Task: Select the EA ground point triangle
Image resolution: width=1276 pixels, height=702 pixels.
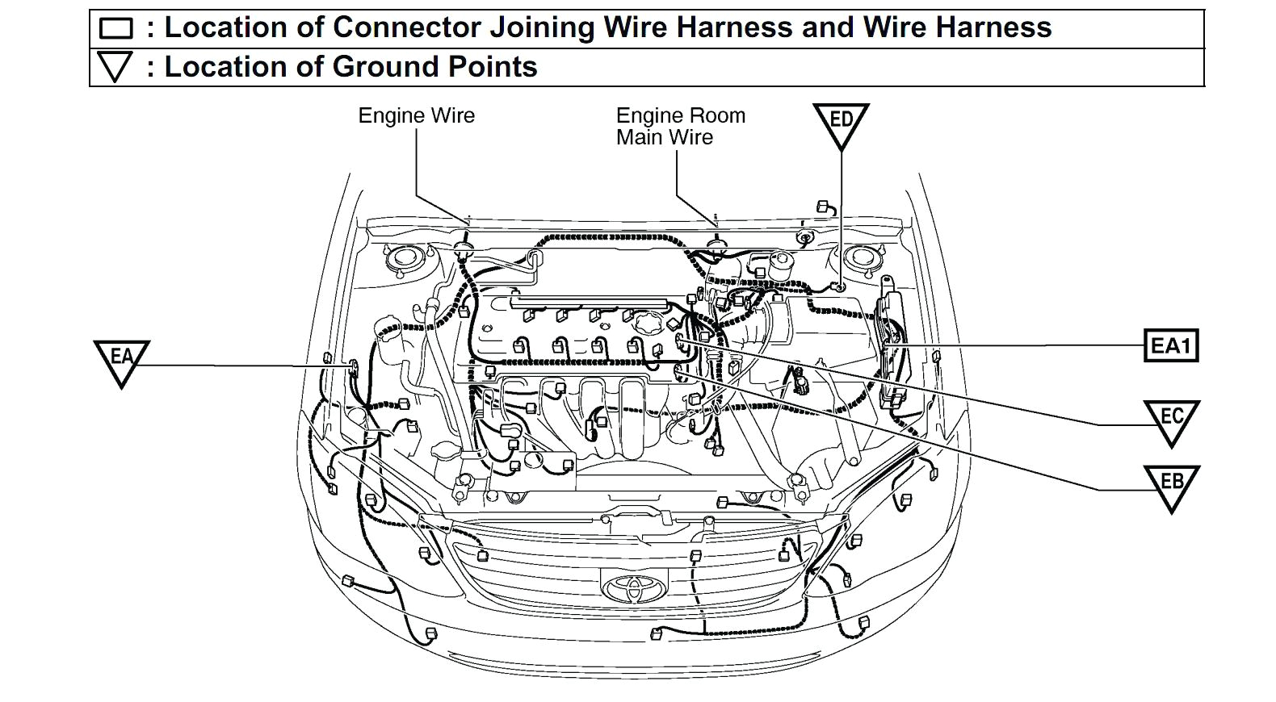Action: point(122,359)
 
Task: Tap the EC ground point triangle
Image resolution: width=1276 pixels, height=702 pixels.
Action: point(1170,419)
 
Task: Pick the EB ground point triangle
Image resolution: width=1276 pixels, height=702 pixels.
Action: point(1170,484)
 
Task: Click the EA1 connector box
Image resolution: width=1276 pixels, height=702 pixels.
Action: point(1170,346)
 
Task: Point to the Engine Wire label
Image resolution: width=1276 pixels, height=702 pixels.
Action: point(416,115)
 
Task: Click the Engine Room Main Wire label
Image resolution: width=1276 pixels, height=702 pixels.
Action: point(679,127)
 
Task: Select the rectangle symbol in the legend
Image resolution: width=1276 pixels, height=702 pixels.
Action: point(115,29)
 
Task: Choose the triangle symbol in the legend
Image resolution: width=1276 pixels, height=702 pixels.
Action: point(114,67)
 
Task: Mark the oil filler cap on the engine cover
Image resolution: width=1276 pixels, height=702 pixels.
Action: point(646,324)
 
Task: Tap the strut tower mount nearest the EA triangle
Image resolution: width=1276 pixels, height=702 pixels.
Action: point(401,260)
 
